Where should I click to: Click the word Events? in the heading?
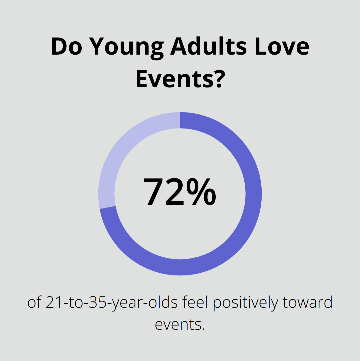click(x=179, y=80)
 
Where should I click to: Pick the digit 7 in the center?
click(x=155, y=192)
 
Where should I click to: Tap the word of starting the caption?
click(x=34, y=303)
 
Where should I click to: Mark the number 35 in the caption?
click(x=100, y=303)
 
